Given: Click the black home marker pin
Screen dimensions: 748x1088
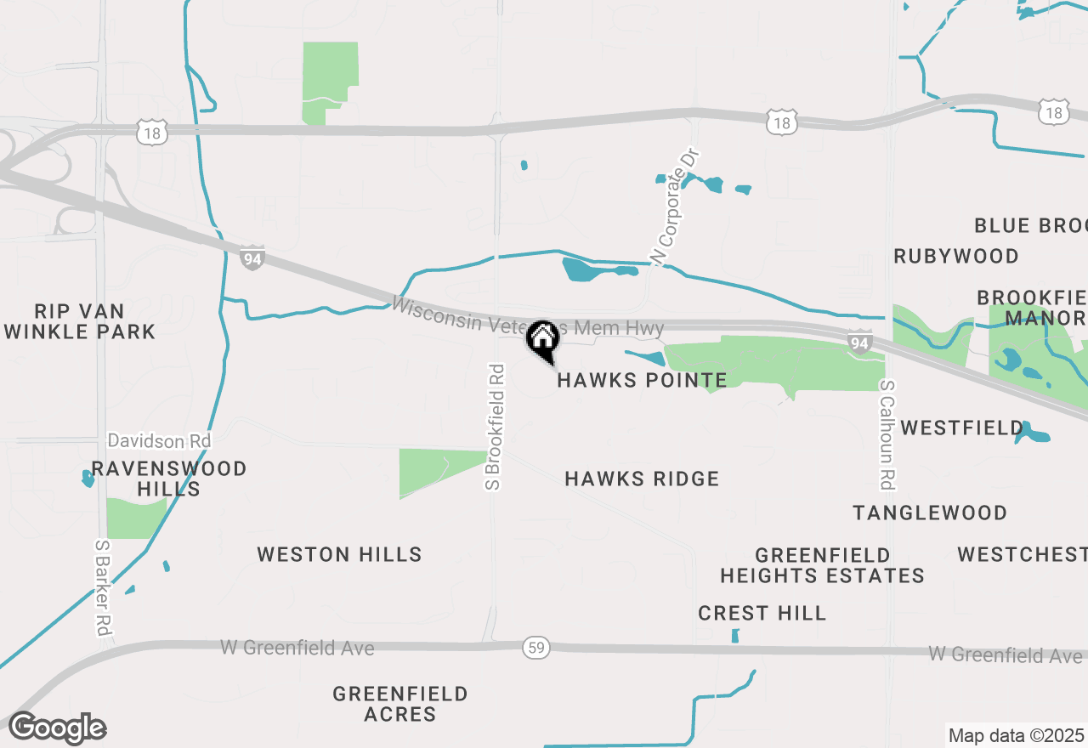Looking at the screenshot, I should pyautogui.click(x=542, y=339).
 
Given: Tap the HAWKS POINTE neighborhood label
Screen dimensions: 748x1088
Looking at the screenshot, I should pyautogui.click(x=642, y=380).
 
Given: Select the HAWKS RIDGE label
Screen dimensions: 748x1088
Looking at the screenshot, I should pyautogui.click(x=642, y=479).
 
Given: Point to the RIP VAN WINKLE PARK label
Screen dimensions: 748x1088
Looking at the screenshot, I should pyautogui.click(x=80, y=321).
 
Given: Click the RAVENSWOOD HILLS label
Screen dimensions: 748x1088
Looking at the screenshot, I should pyautogui.click(x=169, y=479).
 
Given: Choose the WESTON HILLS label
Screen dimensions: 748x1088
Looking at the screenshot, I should pyautogui.click(x=339, y=555).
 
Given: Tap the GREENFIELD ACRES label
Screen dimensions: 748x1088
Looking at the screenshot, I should pyautogui.click(x=400, y=704).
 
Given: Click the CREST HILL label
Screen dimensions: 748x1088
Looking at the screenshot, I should pyautogui.click(x=762, y=613).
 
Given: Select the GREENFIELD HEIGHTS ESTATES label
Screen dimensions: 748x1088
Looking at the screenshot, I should pyautogui.click(x=822, y=565).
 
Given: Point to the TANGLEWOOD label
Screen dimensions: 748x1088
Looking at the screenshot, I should pyautogui.click(x=930, y=513).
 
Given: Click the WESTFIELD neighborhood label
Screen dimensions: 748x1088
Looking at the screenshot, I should pyautogui.click(x=962, y=428).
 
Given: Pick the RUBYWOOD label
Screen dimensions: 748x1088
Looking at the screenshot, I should pyautogui.click(x=956, y=256).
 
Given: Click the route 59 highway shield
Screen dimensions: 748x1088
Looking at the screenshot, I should pyautogui.click(x=536, y=649).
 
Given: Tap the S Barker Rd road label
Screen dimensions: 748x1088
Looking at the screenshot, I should pyautogui.click(x=102, y=588).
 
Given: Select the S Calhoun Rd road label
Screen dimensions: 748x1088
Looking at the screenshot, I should pyautogui.click(x=887, y=434).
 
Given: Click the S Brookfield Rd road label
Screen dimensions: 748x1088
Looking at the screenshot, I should pyautogui.click(x=494, y=427).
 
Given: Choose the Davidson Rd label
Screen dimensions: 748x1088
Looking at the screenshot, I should pyautogui.click(x=159, y=441).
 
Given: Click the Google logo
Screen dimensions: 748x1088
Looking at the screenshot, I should pyautogui.click(x=57, y=728).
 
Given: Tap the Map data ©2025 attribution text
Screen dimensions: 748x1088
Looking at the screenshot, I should pyautogui.click(x=1016, y=735).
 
